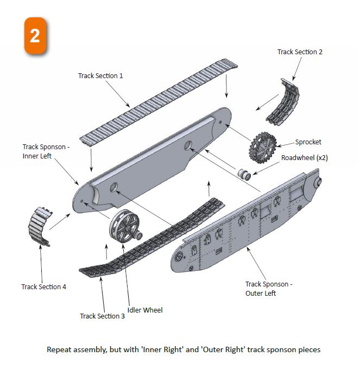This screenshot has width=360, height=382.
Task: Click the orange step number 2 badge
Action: [x=35, y=35]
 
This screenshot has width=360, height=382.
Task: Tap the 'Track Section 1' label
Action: [x=100, y=75]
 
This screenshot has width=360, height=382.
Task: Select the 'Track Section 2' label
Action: [x=300, y=52]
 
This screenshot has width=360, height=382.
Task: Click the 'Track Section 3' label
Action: [x=102, y=316]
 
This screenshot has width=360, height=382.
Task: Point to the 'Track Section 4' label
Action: [x=43, y=286]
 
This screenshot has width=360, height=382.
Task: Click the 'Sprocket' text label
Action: [x=308, y=142]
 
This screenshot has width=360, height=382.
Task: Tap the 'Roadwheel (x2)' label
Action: [x=304, y=158]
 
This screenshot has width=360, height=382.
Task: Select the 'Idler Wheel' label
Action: [x=145, y=310]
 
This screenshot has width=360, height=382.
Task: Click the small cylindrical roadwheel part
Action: [x=244, y=175]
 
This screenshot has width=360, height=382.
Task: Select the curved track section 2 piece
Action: [x=283, y=101]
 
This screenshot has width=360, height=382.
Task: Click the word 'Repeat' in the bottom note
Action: [x=58, y=349]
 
